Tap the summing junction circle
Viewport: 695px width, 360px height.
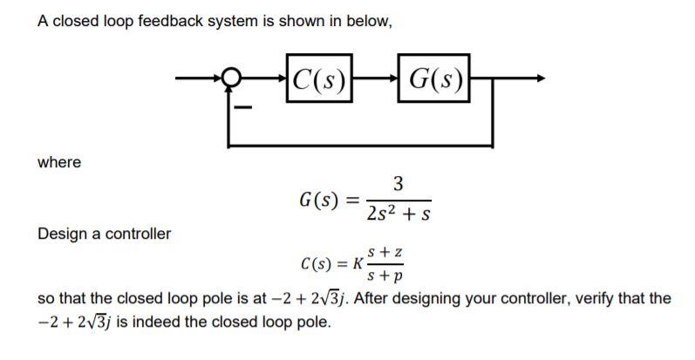tap(229, 81)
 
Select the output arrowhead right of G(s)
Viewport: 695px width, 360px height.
tap(540, 81)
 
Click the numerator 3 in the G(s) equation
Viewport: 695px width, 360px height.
tap(398, 184)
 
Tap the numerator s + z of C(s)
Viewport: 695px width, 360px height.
tap(387, 253)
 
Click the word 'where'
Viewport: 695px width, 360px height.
tap(59, 162)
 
